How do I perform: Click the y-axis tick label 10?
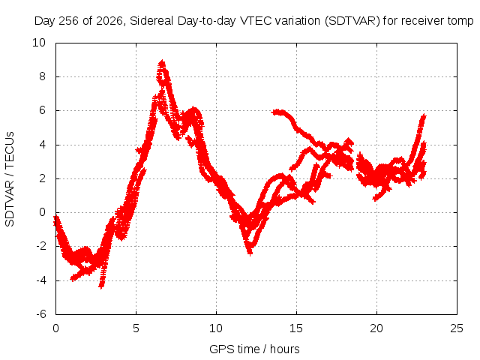[39, 43]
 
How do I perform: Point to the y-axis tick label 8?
[42, 76]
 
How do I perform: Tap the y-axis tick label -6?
[41, 314]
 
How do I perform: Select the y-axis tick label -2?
[41, 246]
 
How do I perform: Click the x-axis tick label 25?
[457, 328]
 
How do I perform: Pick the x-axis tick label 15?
[296, 328]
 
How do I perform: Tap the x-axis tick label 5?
[136, 328]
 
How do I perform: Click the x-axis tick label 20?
[376, 328]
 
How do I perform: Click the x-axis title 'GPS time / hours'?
[254, 349]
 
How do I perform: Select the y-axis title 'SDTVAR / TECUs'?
[10, 179]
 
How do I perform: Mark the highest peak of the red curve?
[162, 63]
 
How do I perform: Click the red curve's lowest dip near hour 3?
[102, 286]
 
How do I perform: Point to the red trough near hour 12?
[250, 253]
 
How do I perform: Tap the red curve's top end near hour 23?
[424, 115]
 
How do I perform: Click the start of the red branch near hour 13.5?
[274, 112]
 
